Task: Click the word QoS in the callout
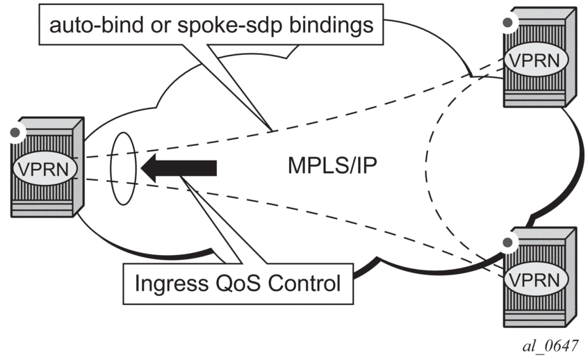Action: tap(246, 283)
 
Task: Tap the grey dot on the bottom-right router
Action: tap(508, 243)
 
